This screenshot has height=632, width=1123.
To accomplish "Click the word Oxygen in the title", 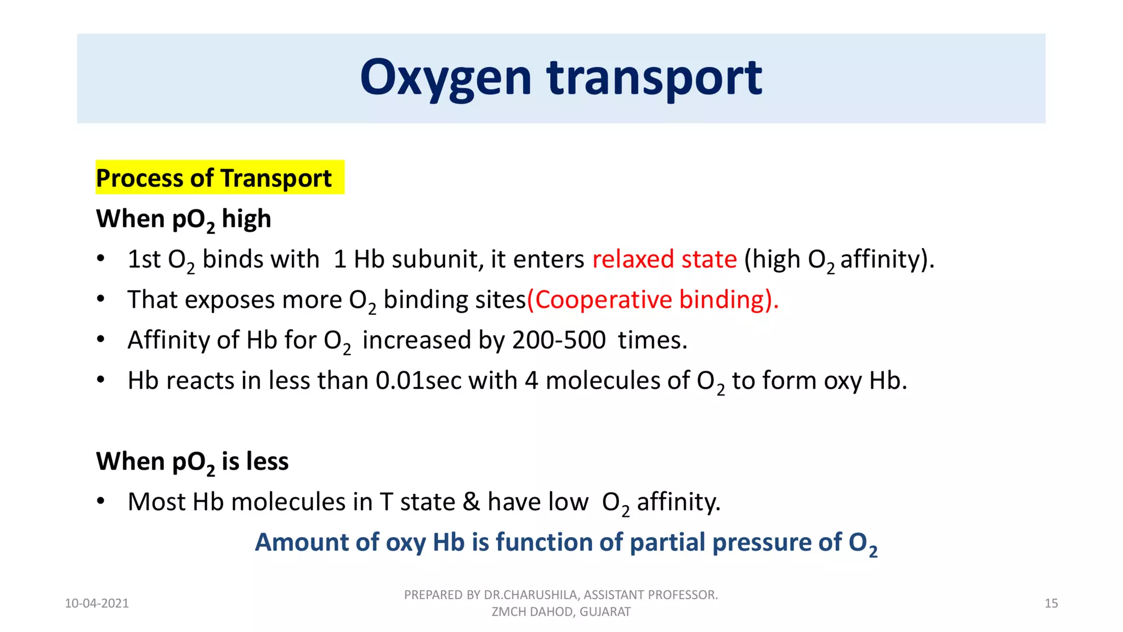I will [x=445, y=78].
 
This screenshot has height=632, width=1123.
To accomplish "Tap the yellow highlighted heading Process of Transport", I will [x=214, y=178].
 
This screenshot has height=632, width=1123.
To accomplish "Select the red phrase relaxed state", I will [x=665, y=259].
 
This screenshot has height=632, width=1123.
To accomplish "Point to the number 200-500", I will [x=559, y=340].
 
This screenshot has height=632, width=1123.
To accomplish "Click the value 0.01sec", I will [x=418, y=381].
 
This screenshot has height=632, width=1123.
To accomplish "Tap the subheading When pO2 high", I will [x=183, y=219].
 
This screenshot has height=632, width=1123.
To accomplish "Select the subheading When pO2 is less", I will [x=192, y=461].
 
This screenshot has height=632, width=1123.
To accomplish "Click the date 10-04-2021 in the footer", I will [x=97, y=603].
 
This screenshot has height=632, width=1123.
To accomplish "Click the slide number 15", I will [x=1051, y=603].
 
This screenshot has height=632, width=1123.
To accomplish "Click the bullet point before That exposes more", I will [x=100, y=300].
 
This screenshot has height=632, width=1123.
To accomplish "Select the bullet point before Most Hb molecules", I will [x=100, y=501].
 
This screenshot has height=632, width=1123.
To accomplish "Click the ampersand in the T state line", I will [x=471, y=502].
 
